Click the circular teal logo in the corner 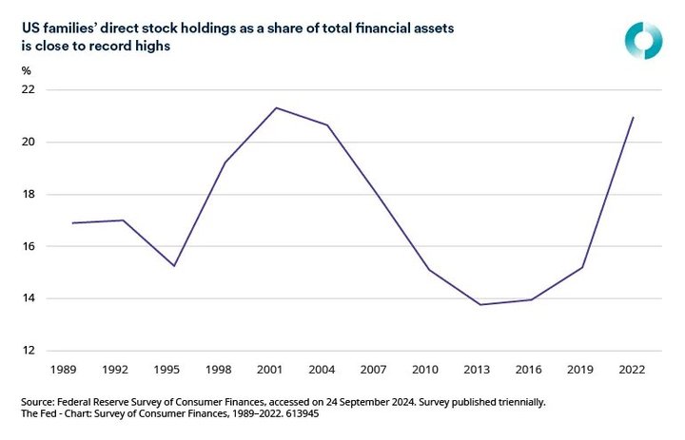(x=642, y=38)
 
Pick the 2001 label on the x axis (x=276, y=367)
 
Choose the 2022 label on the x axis (x=632, y=367)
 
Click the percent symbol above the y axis (x=26, y=71)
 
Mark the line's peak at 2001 (x=276, y=107)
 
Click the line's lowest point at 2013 (x=479, y=305)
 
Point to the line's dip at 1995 (x=174, y=265)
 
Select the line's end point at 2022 (x=633, y=118)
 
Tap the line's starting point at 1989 (x=73, y=223)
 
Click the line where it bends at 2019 (x=581, y=267)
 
